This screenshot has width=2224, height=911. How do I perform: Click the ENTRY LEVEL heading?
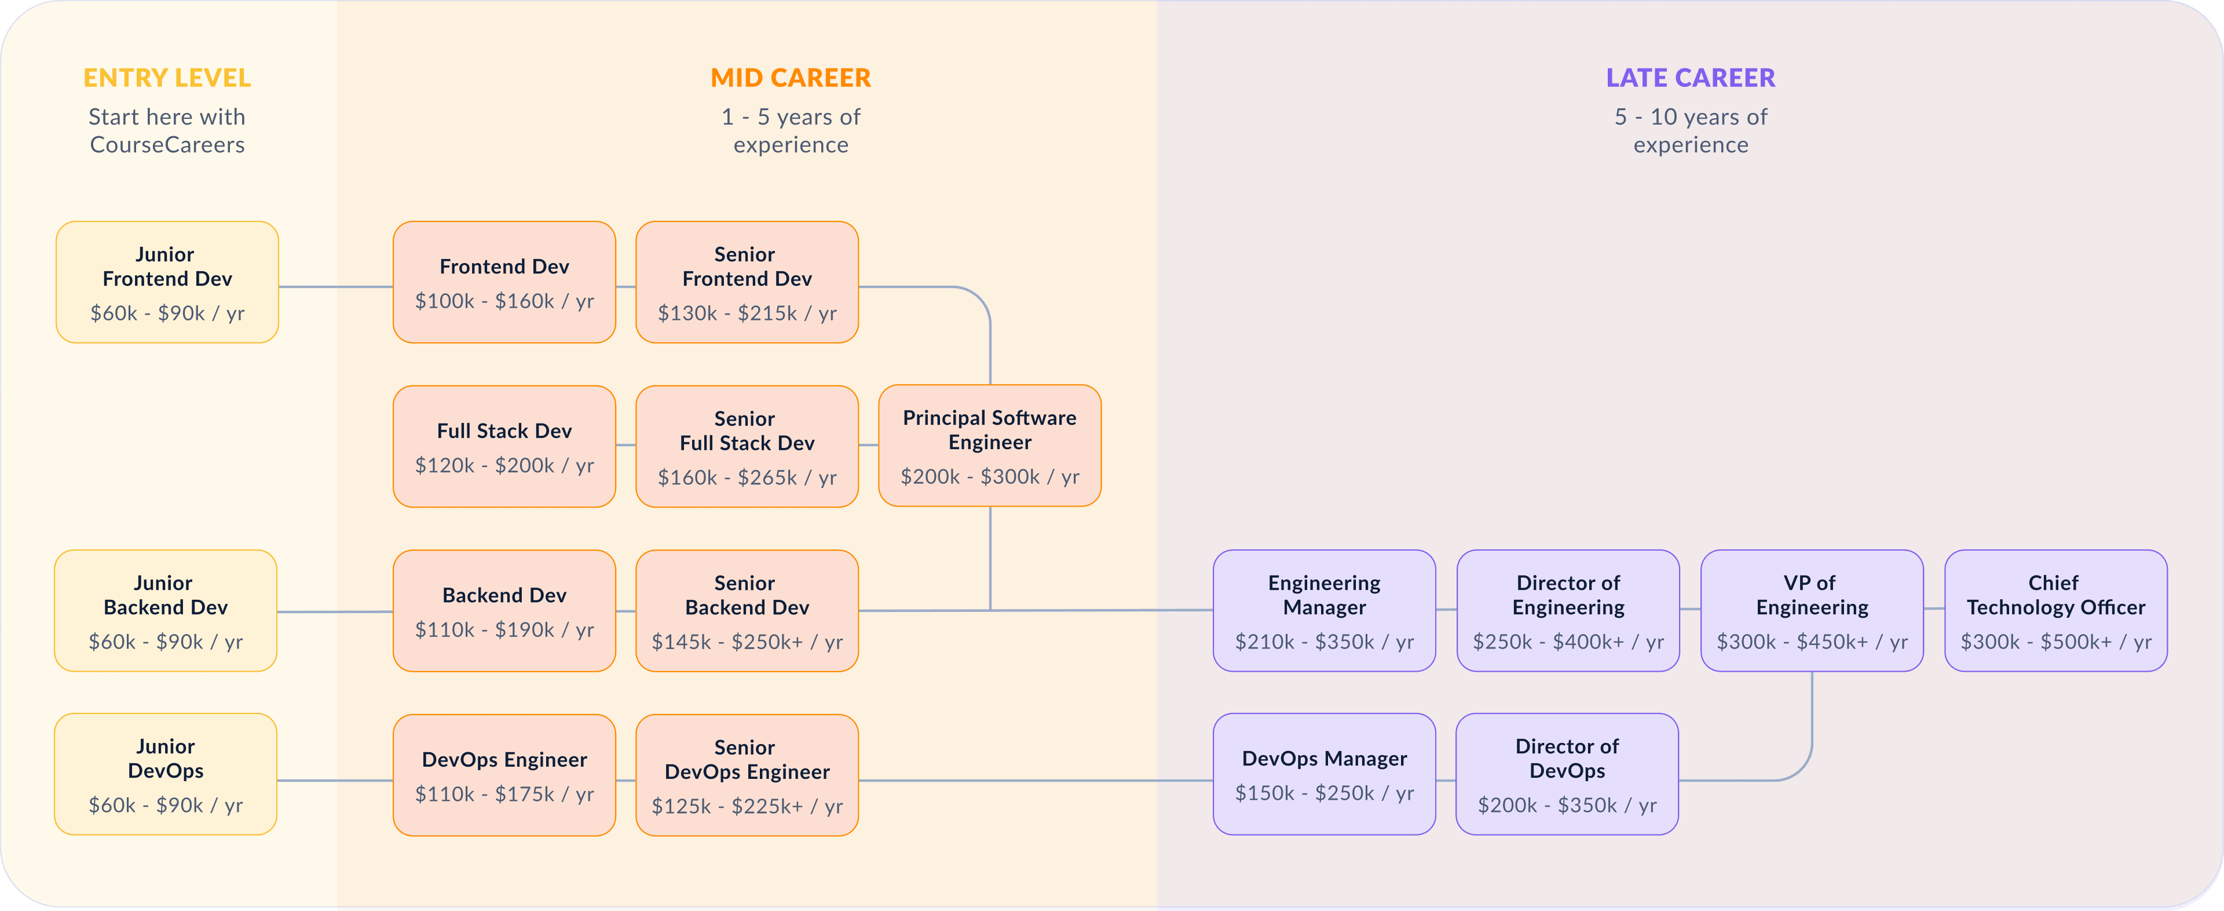(167, 78)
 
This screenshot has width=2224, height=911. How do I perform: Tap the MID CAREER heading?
(791, 78)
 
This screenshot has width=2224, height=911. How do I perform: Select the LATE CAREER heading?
(1691, 78)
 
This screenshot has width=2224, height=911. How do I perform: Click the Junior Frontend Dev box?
(167, 282)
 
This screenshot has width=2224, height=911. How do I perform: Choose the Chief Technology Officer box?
(2055, 610)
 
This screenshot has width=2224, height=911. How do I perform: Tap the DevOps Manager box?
(1325, 774)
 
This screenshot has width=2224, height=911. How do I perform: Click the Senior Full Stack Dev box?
(747, 446)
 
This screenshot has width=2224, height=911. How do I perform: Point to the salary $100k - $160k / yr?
(504, 301)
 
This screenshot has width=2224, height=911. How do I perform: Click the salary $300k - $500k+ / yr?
(2055, 642)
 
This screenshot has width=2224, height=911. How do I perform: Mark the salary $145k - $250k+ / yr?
(747, 642)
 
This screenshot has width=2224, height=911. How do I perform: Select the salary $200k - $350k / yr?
(1567, 805)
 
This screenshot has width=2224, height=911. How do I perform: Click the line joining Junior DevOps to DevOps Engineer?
(335, 781)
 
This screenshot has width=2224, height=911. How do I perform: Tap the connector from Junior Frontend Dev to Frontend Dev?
(336, 287)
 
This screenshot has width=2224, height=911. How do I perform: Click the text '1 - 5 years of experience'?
(791, 130)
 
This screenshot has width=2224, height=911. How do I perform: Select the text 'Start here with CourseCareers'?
(167, 130)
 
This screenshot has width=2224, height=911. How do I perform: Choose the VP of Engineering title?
(1811, 595)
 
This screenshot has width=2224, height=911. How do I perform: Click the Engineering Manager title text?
(1325, 595)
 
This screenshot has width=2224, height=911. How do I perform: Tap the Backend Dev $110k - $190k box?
(504, 610)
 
